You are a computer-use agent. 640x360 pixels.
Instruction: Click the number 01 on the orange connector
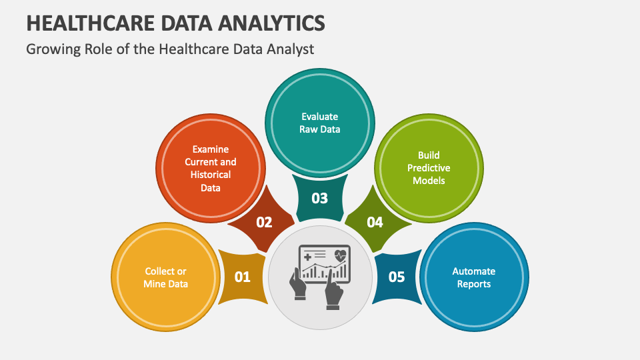(242, 277)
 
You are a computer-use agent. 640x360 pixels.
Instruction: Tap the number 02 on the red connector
(264, 222)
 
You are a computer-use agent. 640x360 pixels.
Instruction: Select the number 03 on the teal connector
(320, 198)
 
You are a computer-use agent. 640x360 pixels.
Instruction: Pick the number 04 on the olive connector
(375, 222)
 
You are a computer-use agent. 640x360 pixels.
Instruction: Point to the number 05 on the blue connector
(397, 277)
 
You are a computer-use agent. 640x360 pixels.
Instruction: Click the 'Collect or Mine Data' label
(165, 277)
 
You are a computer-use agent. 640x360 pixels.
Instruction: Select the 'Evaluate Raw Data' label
(320, 123)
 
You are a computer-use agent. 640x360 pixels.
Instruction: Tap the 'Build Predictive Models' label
(429, 168)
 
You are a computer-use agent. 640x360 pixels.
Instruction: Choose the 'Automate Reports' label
(474, 277)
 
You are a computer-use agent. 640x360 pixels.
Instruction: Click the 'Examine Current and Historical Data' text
(211, 169)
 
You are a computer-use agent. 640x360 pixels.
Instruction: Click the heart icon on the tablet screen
(341, 254)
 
